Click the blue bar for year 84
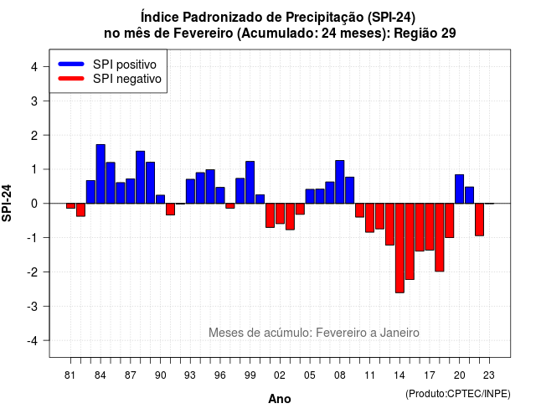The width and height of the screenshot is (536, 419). point(100,174)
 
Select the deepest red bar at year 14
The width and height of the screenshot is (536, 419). point(399,248)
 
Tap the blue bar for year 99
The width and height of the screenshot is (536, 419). point(250,183)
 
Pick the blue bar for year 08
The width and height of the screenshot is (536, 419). point(340,182)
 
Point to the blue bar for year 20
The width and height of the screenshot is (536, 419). point(460,189)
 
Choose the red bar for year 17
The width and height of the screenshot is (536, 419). point(430,227)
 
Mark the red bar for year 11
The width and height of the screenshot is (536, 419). point(369,218)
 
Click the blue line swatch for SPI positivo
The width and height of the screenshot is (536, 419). point(71,64)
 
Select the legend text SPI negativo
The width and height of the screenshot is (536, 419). point(127,79)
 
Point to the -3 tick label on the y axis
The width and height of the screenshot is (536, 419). point(33,306)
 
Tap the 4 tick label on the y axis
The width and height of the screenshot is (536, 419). point(34,67)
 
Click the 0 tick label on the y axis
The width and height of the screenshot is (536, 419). point(34,204)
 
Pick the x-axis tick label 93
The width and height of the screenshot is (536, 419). point(190,375)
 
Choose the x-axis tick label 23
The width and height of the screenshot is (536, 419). point(489,375)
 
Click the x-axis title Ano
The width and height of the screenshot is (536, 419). point(280,399)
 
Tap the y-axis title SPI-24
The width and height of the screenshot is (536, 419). point(7,203)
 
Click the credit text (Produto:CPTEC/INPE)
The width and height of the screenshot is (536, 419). point(458,394)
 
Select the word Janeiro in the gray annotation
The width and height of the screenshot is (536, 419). point(399,333)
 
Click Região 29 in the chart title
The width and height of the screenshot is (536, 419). point(425,34)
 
